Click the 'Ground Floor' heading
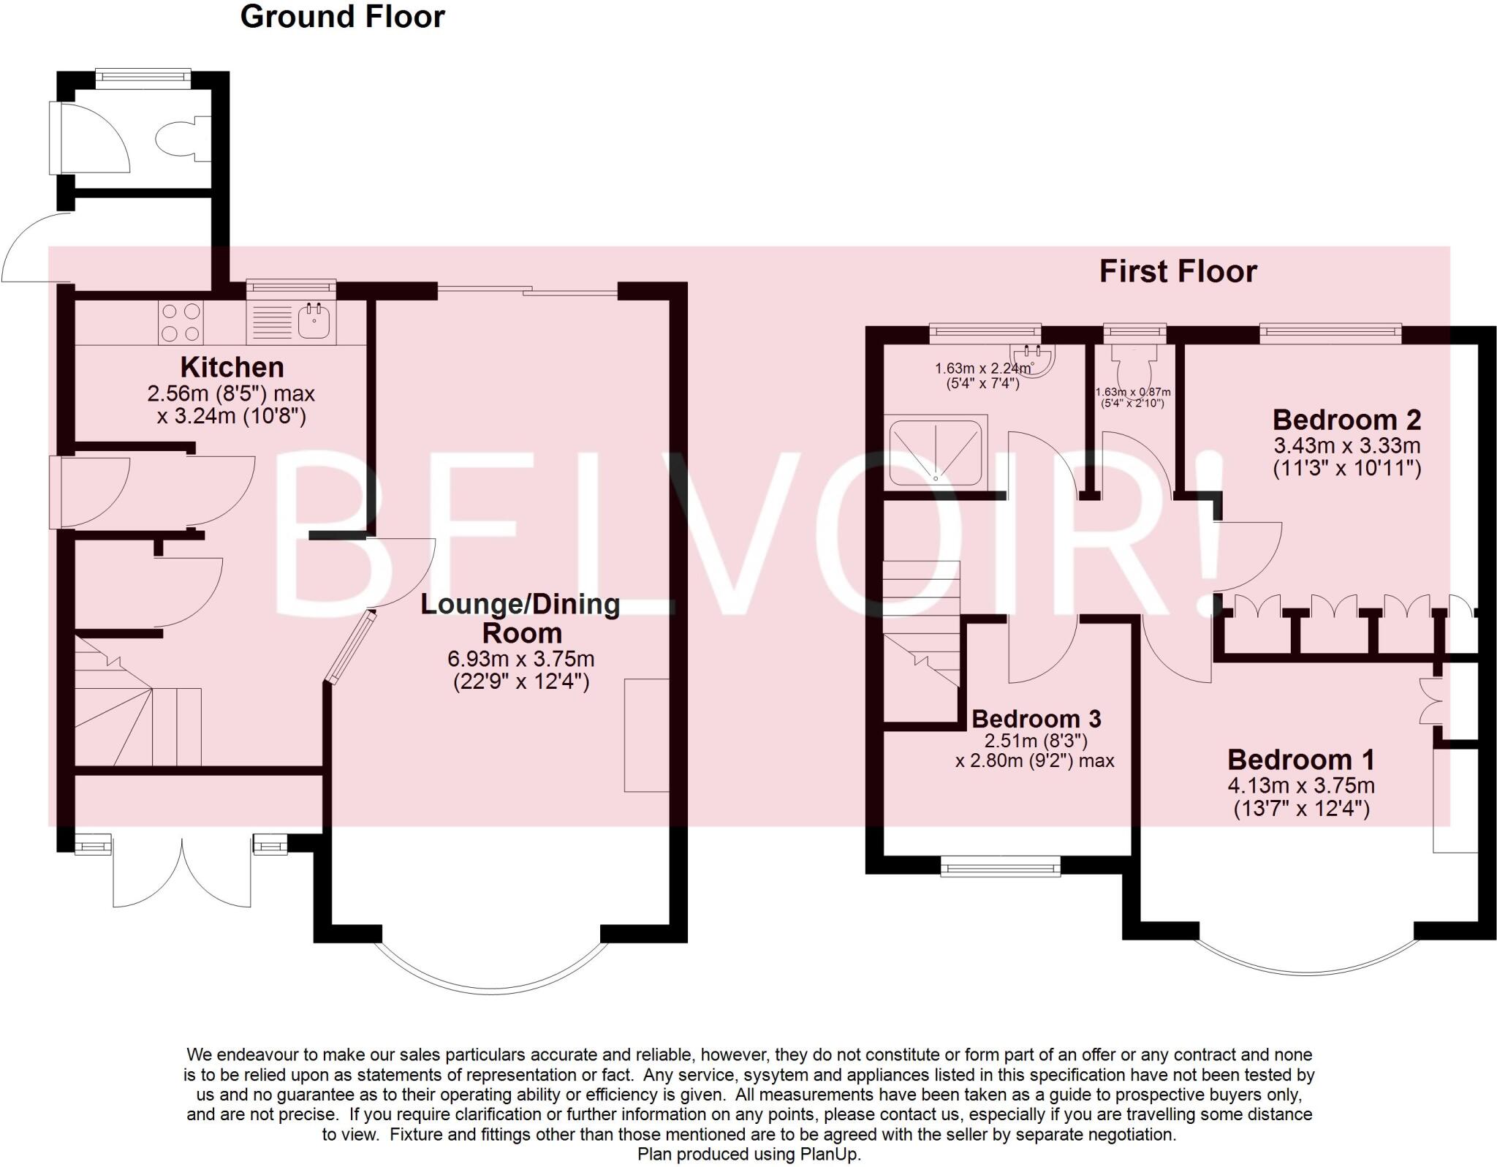coord(342,17)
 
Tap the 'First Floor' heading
coord(1178,271)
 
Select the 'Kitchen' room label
coord(232,366)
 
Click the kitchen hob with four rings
coord(181,322)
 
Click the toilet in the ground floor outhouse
coord(179,138)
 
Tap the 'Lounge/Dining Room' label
coord(520,618)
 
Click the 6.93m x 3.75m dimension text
coord(520,659)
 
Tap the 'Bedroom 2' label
coord(1346,420)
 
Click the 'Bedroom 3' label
coord(1036,719)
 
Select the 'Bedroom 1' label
coord(1300,760)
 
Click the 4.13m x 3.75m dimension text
coord(1300,786)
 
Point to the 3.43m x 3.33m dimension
coord(1346,445)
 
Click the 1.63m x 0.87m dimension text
coord(1132,392)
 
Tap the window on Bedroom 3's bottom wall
coord(1000,867)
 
